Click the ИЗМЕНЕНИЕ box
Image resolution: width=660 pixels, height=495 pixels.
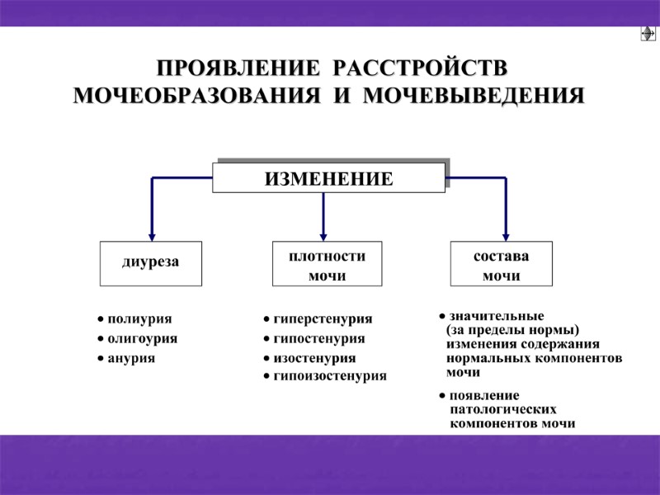click(x=328, y=177)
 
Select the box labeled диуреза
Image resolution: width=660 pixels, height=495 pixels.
click(x=150, y=263)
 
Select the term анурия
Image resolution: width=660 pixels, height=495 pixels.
click(x=131, y=359)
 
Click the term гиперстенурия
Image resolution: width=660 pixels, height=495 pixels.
click(x=323, y=318)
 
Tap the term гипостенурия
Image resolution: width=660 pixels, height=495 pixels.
click(x=319, y=338)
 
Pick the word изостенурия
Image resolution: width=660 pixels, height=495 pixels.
click(x=315, y=359)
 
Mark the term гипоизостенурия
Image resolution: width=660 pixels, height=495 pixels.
click(x=330, y=375)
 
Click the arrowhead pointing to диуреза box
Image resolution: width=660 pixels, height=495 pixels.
click(x=151, y=234)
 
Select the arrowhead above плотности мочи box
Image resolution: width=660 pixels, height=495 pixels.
click(x=323, y=234)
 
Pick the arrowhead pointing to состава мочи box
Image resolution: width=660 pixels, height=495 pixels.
click(x=505, y=234)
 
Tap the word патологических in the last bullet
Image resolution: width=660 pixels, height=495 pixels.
click(x=503, y=409)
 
